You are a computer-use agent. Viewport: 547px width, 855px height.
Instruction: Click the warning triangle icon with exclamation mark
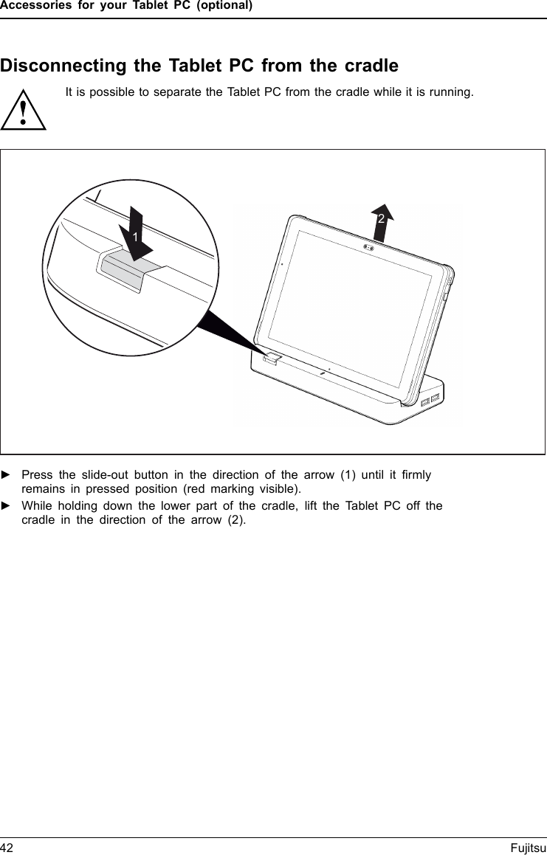tap(24, 111)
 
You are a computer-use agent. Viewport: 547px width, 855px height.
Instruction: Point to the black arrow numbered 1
tap(135, 235)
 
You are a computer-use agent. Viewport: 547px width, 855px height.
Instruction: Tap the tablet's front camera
tap(368, 247)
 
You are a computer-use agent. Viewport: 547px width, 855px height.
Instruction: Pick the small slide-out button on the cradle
tap(271, 358)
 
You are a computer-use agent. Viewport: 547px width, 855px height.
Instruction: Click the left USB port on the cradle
tap(424, 402)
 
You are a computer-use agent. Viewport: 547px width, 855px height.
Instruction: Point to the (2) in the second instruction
tap(235, 520)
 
